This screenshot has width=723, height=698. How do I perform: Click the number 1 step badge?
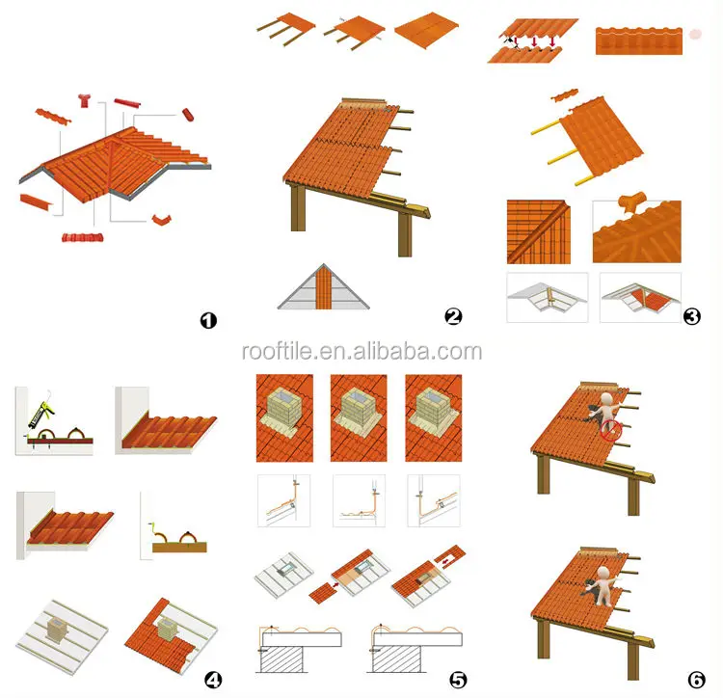point(208,320)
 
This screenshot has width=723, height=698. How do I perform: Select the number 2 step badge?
point(453,316)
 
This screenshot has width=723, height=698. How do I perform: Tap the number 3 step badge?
point(691,316)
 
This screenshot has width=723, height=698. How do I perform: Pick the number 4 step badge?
point(213,680)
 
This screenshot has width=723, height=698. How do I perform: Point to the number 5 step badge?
point(458,680)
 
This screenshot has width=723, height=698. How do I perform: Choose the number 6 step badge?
point(696,680)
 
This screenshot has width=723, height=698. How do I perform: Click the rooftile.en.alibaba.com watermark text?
point(361,352)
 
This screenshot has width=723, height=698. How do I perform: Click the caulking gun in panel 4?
point(40,412)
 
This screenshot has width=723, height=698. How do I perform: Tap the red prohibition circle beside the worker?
point(611,430)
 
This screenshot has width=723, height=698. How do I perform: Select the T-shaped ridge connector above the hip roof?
point(85,100)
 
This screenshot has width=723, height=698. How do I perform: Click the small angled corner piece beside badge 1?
point(161,220)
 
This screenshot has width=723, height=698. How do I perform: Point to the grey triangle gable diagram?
point(324,286)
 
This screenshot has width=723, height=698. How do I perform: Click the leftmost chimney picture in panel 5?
point(284,417)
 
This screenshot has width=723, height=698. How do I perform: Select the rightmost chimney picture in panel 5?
point(434,417)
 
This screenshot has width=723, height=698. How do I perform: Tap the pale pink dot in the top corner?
point(695,34)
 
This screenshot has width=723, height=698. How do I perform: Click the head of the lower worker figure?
point(603,572)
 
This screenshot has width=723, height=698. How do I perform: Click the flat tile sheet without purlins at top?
point(427,31)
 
